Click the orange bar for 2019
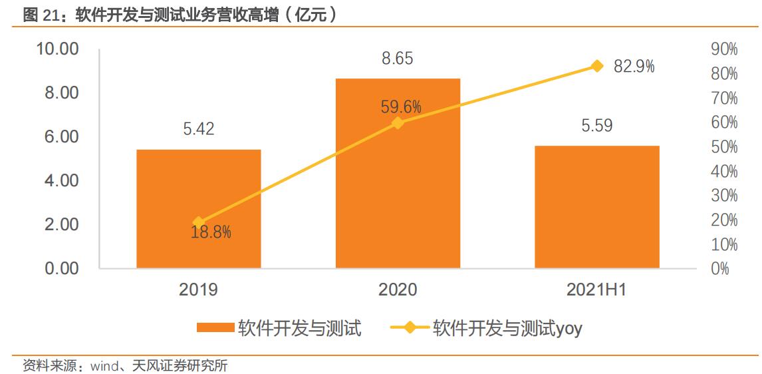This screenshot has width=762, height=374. pyautogui.click(x=198, y=209)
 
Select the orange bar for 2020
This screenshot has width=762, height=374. pyautogui.click(x=398, y=173)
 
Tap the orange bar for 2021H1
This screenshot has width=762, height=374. pyautogui.click(x=596, y=207)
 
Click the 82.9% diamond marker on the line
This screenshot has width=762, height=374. pyautogui.click(x=596, y=66)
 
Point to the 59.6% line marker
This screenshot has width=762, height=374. pyautogui.click(x=398, y=122)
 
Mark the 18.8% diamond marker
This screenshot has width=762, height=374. pyautogui.click(x=198, y=223)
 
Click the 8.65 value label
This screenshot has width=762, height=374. pyautogui.click(x=397, y=59)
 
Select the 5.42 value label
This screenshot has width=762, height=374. pyautogui.click(x=199, y=129)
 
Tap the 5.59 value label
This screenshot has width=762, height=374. pyautogui.click(x=596, y=125)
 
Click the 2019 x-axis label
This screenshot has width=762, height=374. pyautogui.click(x=198, y=289)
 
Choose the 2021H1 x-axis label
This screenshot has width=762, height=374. pyautogui.click(x=596, y=289)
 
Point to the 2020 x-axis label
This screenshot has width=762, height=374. pyautogui.click(x=398, y=289)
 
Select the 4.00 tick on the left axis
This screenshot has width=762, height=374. pyautogui.click(x=61, y=180)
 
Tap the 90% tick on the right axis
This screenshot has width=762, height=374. pyautogui.click(x=724, y=49)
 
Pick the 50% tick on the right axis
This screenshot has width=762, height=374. pyautogui.click(x=724, y=147)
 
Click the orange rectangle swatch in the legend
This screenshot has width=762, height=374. pyautogui.click(x=216, y=327)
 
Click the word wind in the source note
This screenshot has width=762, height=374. pyautogui.click(x=102, y=365)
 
